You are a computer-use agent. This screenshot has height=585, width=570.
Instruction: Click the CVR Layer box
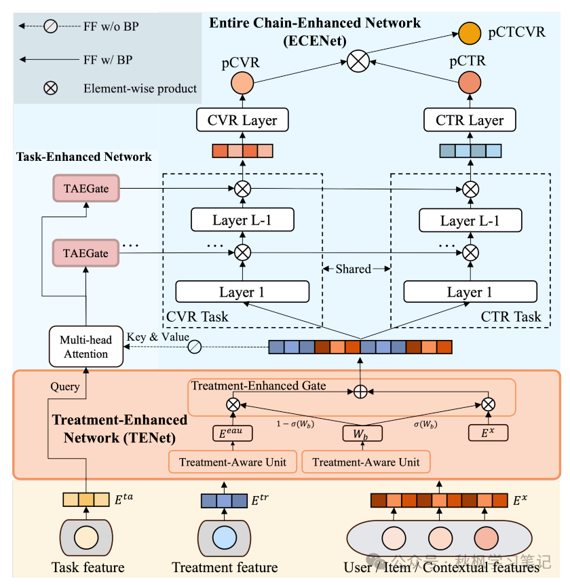click(x=242, y=121)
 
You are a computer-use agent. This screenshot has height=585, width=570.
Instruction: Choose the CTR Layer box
click(x=470, y=121)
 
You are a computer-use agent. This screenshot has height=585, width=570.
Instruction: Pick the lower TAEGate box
click(x=85, y=252)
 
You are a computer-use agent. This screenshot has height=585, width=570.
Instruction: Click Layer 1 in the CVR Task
click(x=242, y=292)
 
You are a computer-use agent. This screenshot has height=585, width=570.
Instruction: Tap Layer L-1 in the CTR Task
click(x=470, y=220)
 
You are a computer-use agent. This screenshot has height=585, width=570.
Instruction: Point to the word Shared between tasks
click(x=354, y=269)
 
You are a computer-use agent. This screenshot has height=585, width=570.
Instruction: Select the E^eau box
click(x=233, y=433)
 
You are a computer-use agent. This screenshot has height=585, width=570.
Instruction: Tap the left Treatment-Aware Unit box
click(x=233, y=462)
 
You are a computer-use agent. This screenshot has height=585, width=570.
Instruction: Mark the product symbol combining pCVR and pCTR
click(x=358, y=61)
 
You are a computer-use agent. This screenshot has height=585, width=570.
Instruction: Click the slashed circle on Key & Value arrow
click(x=194, y=347)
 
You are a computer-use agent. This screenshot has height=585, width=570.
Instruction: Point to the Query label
click(x=65, y=387)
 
